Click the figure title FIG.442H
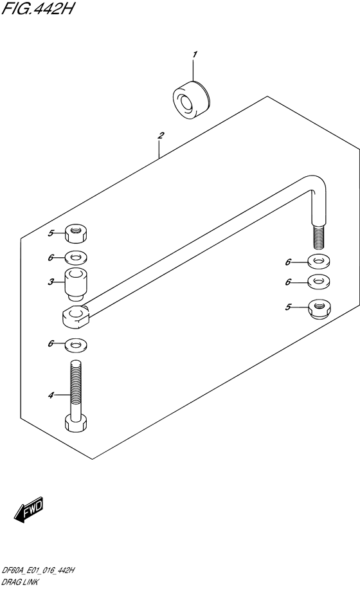point(37,8)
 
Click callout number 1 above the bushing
point(194,55)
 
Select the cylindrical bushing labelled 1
point(192,100)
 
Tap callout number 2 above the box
point(161,136)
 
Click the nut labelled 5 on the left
point(76,233)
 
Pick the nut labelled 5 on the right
point(319,309)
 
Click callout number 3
point(51,282)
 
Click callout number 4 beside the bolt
point(51,395)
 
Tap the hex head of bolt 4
point(76,422)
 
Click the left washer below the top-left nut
point(76,258)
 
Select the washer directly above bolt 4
point(76,344)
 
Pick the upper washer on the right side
point(319,262)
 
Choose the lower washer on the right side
point(319,282)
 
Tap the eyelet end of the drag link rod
point(76,316)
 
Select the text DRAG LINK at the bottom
point(20,583)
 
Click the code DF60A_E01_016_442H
point(38,570)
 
